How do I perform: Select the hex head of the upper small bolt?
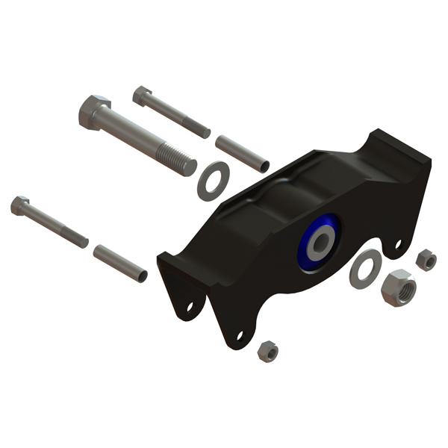142,95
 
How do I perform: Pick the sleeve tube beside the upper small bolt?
241,152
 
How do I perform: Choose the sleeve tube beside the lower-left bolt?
119,264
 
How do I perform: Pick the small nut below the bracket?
267,351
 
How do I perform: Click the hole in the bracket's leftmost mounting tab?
190,306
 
